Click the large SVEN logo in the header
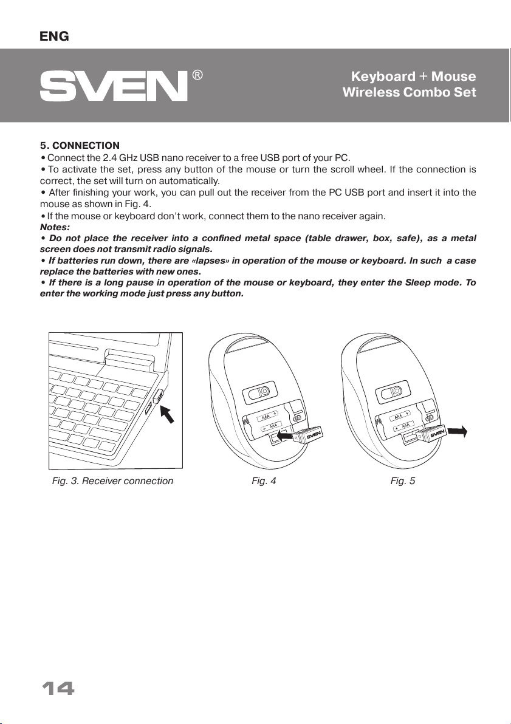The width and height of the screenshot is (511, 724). tap(114, 86)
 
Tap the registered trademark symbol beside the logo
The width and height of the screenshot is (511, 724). tap(197, 75)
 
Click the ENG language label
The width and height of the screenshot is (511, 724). tap(55, 36)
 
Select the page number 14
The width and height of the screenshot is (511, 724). tap(58, 689)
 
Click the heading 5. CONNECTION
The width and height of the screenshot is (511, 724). tap(80, 146)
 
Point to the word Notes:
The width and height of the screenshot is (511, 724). tap(55, 227)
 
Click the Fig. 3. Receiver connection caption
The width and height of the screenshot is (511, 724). tap(113, 480)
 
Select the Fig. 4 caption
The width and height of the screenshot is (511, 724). tap(264, 480)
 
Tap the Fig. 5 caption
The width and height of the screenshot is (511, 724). tap(402, 480)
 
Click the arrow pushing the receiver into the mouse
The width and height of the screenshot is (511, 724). tap(286, 435)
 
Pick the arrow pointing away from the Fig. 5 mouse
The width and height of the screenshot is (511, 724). tap(457, 431)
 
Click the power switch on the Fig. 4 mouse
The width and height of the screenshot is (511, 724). tap(259, 391)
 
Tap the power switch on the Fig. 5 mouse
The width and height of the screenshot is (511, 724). tap(393, 391)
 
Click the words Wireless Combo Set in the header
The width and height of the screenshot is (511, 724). tap(409, 92)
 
